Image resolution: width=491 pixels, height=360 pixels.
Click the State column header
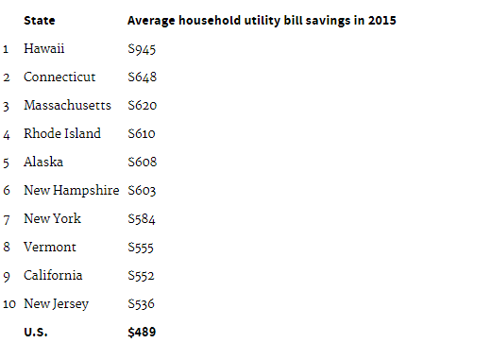[40, 21]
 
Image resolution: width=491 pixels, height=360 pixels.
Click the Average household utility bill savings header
[262, 21]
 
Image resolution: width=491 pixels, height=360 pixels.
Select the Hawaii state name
[44, 48]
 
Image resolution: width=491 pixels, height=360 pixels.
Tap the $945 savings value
[142, 49]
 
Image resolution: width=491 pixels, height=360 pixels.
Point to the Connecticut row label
[59, 77]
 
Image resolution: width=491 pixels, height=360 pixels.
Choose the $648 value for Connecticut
[142, 77]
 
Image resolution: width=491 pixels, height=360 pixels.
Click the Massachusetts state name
[67, 105]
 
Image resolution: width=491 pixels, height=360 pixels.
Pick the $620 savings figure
[142, 106]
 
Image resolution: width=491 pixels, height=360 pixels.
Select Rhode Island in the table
[62, 133]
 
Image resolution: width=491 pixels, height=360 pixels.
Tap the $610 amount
[142, 134]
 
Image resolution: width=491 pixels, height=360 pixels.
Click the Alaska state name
[43, 162]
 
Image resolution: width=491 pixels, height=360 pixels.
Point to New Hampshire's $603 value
[142, 191]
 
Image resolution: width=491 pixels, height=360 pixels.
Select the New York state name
[52, 218]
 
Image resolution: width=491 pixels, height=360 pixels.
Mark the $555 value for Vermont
[141, 248]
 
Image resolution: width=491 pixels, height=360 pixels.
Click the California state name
[53, 275]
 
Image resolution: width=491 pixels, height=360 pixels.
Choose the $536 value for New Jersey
[141, 304]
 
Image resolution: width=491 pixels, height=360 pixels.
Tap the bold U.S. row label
[36, 332]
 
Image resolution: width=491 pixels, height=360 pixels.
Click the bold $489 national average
[142, 333]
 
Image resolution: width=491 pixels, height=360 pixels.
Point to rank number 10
[9, 304]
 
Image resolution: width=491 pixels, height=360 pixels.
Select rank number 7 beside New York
[7, 219]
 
